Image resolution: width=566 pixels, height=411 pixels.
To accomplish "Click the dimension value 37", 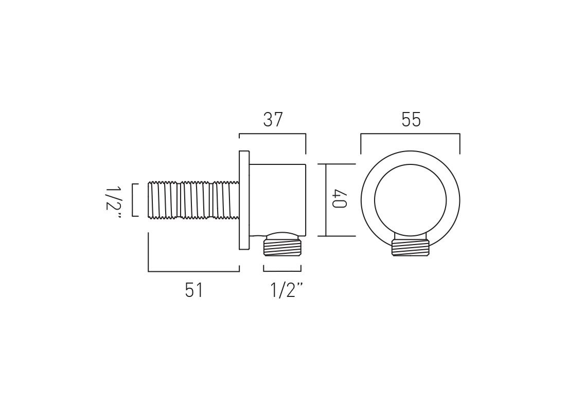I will (x=273, y=120).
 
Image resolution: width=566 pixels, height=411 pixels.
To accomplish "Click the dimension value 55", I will (x=411, y=120).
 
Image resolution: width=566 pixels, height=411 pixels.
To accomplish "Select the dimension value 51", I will (x=194, y=290).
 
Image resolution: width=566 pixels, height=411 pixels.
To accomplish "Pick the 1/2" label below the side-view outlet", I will (x=286, y=290).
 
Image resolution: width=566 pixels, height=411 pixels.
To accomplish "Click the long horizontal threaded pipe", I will (x=193, y=199).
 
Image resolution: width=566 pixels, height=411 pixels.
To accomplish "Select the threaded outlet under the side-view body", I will (x=282, y=245).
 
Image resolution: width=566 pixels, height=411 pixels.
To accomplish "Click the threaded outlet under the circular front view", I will (x=410, y=247).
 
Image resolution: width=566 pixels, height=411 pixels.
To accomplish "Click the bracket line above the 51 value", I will (x=193, y=271).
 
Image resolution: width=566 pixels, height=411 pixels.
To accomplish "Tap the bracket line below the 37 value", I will (x=273, y=134).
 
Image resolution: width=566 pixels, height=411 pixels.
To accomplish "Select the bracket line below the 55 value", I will (x=410, y=134).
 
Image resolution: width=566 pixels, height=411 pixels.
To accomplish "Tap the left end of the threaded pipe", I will (x=150, y=199).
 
